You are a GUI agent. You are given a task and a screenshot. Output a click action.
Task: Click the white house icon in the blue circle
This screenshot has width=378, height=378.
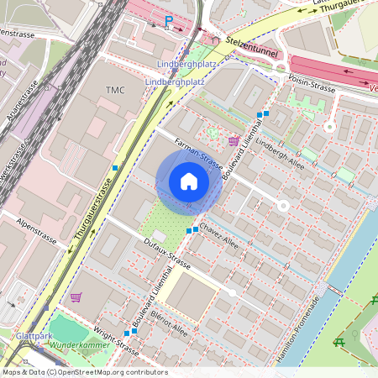(189, 181)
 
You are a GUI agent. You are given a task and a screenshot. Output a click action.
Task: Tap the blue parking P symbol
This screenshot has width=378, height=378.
(169, 21)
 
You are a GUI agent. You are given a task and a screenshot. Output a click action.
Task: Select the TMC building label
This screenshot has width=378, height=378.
(115, 89)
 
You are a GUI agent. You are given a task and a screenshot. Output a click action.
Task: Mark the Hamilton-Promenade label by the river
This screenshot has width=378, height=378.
(305, 330)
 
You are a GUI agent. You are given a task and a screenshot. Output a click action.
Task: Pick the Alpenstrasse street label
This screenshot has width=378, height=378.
(39, 228)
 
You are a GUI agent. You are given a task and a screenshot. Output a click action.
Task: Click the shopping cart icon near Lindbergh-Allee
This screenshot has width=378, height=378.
(233, 140)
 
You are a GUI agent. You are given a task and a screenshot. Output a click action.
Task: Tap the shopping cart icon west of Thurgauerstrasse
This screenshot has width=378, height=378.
(76, 297)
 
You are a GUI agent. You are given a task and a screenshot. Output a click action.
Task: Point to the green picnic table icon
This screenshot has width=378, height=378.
(339, 342)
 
